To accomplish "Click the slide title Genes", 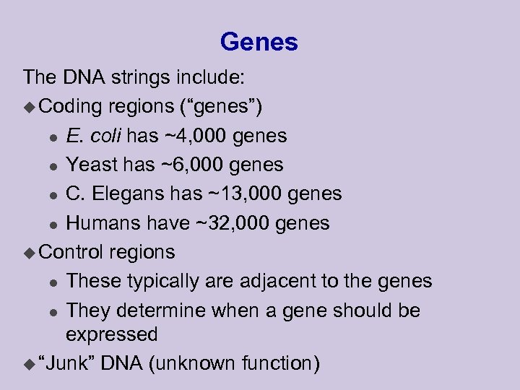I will (259, 42).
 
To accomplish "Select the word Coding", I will (71, 106).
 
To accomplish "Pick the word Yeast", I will (92, 165).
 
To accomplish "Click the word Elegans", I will (129, 194).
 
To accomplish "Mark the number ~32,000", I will (232, 223).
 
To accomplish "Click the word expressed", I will (111, 334).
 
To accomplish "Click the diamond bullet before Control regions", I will (29, 253).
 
